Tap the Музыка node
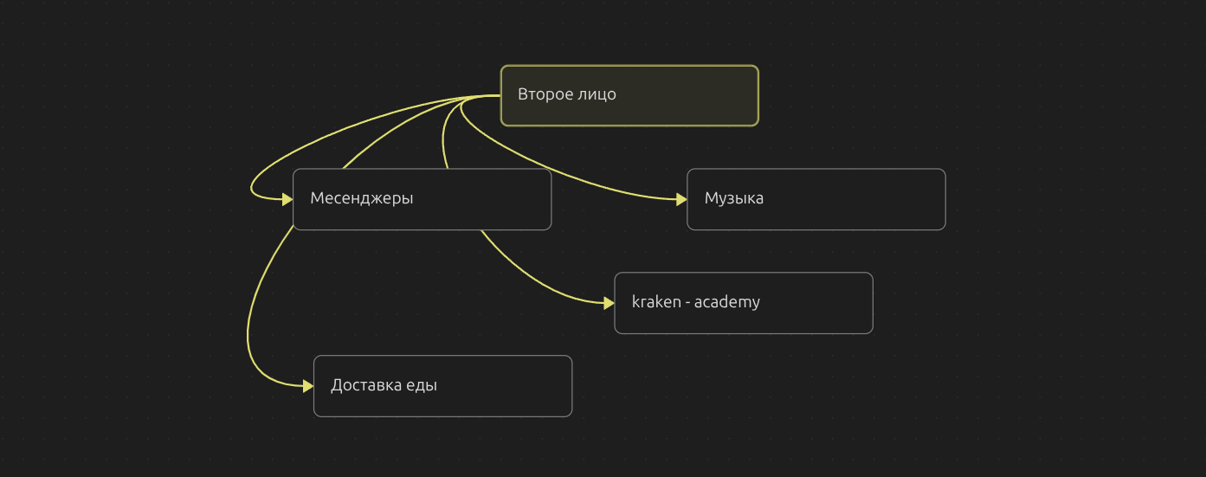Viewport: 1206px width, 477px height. (816, 199)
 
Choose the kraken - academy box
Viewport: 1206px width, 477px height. (744, 303)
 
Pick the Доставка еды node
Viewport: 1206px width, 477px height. (442, 386)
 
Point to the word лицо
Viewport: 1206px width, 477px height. (596, 94)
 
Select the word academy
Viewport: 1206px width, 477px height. (727, 302)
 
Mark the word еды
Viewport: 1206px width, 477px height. (422, 385)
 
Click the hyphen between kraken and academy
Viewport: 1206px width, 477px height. (688, 303)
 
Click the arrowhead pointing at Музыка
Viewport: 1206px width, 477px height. (681, 199)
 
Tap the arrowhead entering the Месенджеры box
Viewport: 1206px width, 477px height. (287, 199)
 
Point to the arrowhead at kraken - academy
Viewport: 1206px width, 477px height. (609, 303)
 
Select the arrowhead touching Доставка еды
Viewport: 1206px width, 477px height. (308, 386)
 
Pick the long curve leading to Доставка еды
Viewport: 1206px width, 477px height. (249, 320)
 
